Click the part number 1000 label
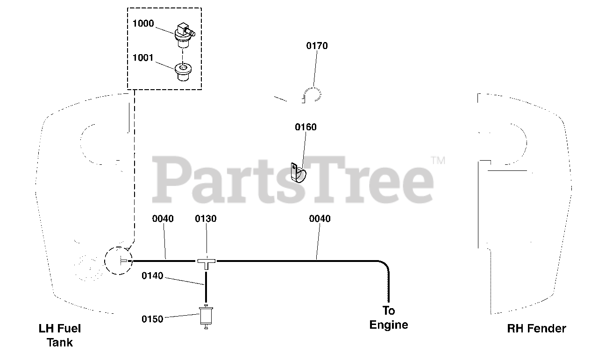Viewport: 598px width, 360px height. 143,24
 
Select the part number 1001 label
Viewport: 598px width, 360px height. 143,58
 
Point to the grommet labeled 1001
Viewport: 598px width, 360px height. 184,72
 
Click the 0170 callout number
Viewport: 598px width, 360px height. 317,46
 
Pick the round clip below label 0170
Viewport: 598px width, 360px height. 312,95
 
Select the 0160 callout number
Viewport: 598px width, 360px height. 306,127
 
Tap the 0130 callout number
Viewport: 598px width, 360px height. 206,219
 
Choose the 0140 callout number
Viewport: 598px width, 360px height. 152,276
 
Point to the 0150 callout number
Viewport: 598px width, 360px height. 152,319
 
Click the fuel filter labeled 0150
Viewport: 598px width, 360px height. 206,317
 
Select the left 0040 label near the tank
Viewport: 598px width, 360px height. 163,219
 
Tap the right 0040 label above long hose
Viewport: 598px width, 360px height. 320,219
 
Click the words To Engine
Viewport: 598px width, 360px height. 389,318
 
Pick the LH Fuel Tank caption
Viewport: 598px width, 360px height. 60,335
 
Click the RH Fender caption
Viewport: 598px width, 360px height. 536,329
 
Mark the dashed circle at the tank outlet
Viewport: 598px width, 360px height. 118,261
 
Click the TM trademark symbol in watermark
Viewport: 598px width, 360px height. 438,161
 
